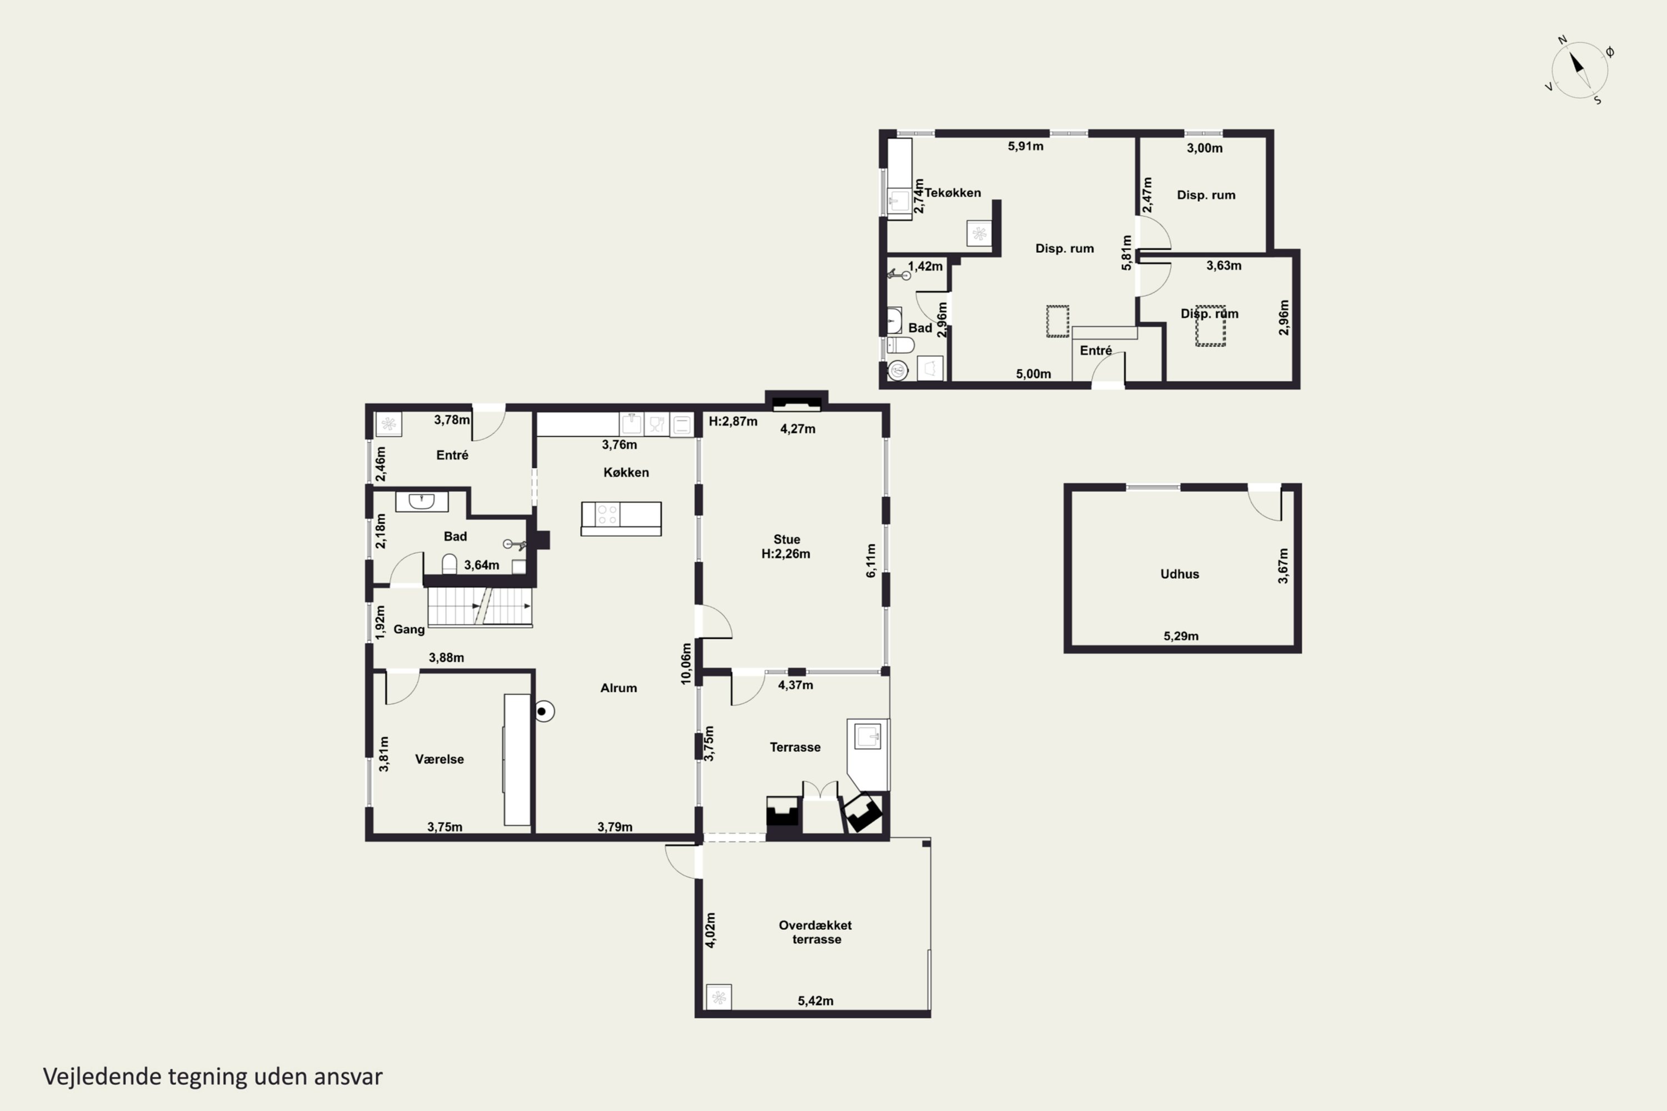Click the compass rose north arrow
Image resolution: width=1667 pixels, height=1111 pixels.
coord(1577,64)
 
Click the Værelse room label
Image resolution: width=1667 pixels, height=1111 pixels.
coord(440,759)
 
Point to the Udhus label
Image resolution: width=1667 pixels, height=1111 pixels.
coord(1179,574)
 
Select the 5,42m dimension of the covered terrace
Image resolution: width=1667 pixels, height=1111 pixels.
coord(815,1000)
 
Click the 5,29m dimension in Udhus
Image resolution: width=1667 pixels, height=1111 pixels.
coord(1181,635)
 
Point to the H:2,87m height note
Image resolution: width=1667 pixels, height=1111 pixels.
coord(733,422)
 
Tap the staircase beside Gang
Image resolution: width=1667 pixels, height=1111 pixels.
coord(480,607)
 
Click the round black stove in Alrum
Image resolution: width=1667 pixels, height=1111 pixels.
coord(543,710)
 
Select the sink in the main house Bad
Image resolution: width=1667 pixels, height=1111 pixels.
coord(422,502)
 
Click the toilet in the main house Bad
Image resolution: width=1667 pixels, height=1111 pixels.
coord(450,564)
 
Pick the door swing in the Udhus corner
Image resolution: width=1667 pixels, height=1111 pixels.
coord(1265,504)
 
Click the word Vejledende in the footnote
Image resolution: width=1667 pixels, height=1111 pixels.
coord(102,1077)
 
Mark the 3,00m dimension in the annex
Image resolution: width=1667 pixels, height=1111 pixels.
coord(1205,148)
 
